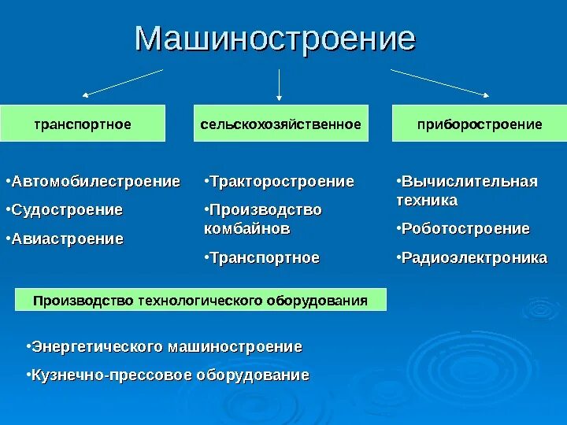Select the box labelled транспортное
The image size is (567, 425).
click(x=83, y=124)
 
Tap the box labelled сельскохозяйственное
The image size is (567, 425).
click(x=280, y=124)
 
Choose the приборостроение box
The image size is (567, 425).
click(x=479, y=124)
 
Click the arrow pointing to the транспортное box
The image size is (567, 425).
click(x=122, y=83)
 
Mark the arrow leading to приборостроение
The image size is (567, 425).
click(x=441, y=83)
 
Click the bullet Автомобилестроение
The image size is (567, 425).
click(x=96, y=182)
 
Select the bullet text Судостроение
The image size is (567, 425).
click(x=68, y=210)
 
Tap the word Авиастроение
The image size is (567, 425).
click(x=68, y=238)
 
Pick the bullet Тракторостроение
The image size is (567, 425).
click(x=282, y=182)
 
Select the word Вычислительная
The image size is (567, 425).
click(x=469, y=182)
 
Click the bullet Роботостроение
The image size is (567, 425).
click(x=465, y=229)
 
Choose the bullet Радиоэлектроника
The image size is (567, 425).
click(x=474, y=257)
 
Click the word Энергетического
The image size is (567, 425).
click(x=97, y=346)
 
